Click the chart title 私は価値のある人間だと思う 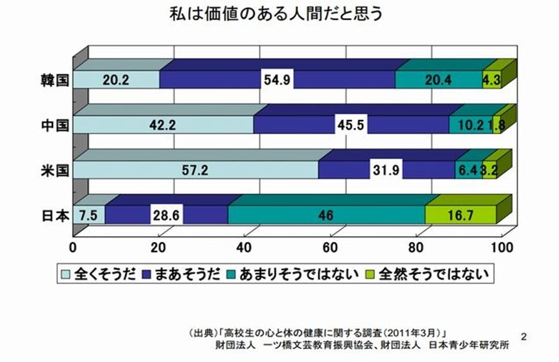[x=279, y=14]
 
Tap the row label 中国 [x=53, y=125]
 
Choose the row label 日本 [x=53, y=215]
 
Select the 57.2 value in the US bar [x=195, y=171]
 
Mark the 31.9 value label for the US [x=386, y=171]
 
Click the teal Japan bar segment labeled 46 [x=326, y=215]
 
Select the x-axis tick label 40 [x=245, y=247]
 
